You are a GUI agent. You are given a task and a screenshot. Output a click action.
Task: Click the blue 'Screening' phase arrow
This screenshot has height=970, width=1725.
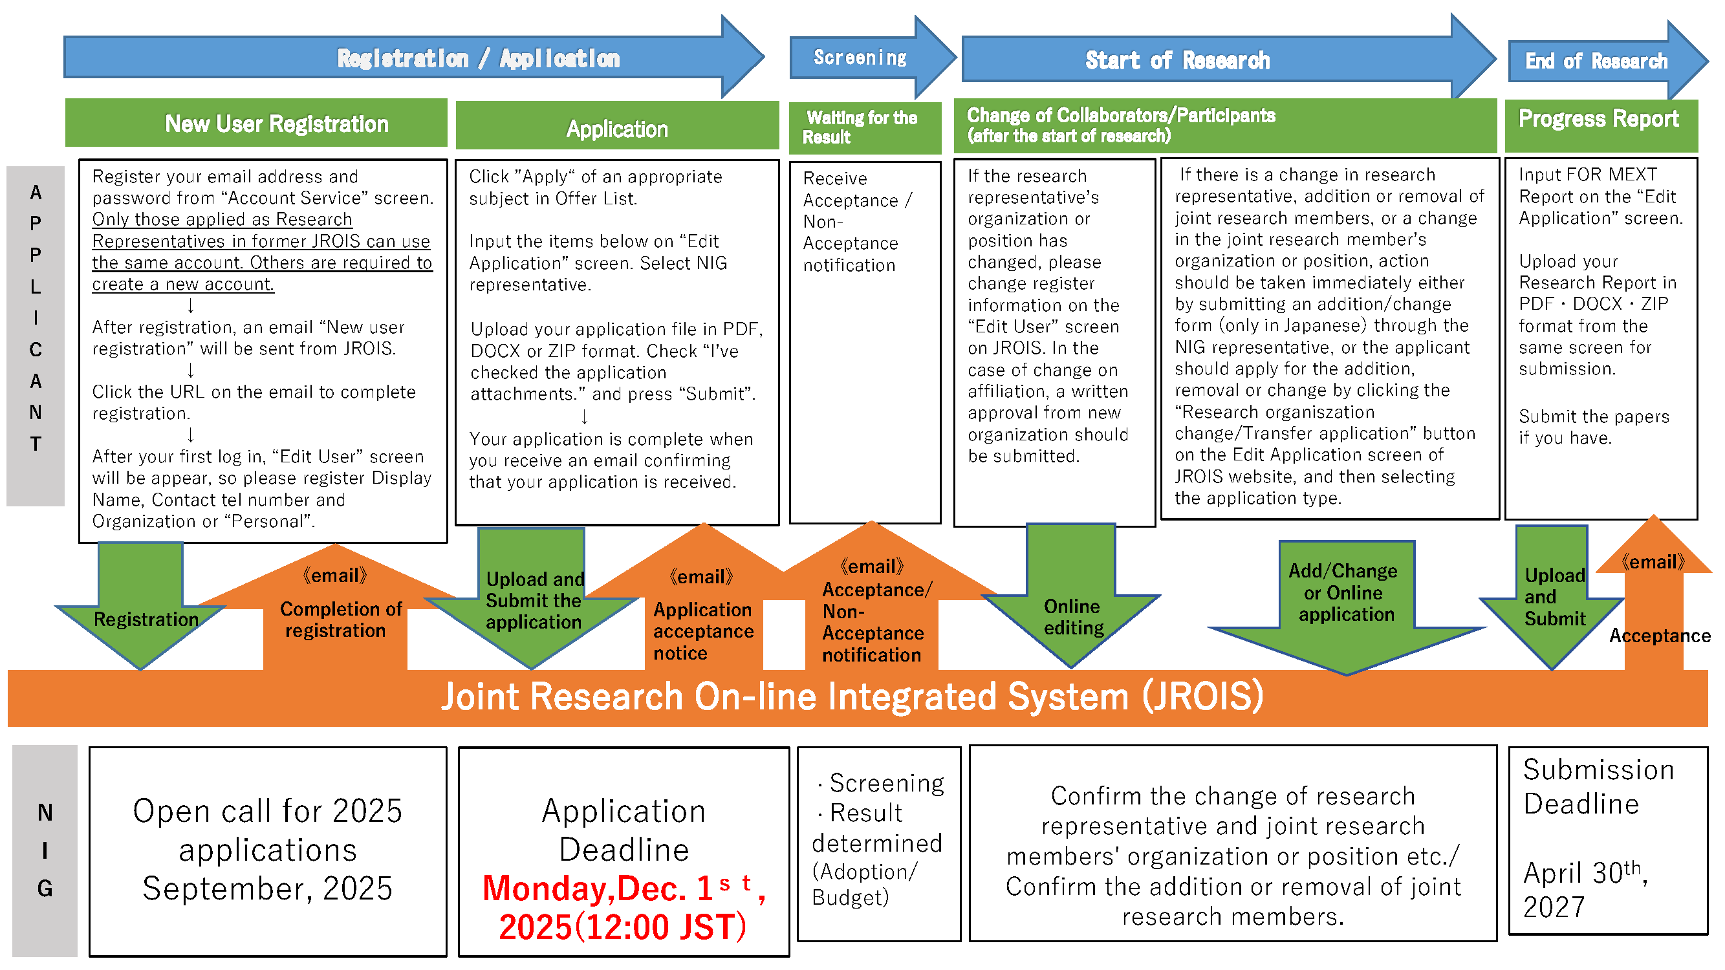(x=860, y=58)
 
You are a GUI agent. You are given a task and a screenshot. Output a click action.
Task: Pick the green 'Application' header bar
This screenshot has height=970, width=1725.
(x=617, y=129)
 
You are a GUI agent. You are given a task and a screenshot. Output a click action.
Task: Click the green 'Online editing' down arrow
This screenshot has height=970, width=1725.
(x=1072, y=616)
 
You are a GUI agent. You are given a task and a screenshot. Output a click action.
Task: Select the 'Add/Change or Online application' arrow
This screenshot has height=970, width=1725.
(x=1346, y=593)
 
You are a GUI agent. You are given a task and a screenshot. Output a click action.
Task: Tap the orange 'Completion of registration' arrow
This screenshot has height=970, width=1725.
(x=335, y=620)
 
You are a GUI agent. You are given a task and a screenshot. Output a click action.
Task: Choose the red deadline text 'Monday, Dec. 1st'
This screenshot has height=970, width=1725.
(x=623, y=889)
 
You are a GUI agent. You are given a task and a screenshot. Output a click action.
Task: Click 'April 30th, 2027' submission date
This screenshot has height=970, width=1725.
(x=1584, y=890)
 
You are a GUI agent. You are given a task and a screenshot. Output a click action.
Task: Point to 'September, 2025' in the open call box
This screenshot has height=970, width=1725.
(x=267, y=889)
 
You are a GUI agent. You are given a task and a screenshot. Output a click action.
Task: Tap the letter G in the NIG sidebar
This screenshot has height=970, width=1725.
(x=45, y=889)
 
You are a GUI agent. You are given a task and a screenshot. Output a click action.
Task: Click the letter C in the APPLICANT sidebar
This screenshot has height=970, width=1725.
(x=36, y=349)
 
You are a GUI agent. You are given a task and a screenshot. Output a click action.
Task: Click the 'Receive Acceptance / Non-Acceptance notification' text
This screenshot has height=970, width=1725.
(x=851, y=222)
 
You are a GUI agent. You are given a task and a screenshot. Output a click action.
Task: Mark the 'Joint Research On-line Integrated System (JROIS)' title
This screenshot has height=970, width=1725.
(x=852, y=697)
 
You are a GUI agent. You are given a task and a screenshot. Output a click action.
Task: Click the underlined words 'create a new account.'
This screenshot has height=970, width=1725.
(x=183, y=284)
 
